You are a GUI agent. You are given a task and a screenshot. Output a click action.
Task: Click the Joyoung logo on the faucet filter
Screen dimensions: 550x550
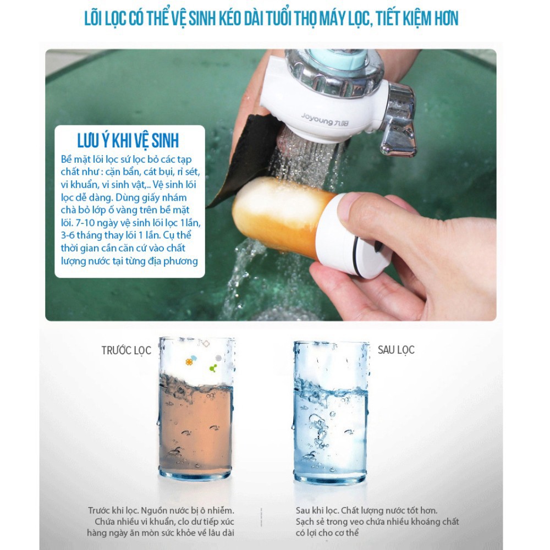click(x=324, y=119)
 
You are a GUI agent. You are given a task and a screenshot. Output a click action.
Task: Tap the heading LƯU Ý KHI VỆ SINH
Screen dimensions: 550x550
click(x=128, y=140)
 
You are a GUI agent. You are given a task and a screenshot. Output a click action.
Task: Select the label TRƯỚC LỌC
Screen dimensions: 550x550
click(x=127, y=350)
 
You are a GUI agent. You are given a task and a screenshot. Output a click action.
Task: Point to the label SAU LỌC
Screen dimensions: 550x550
click(x=396, y=350)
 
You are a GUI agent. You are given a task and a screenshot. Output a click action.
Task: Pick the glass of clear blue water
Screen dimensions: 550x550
click(x=331, y=412)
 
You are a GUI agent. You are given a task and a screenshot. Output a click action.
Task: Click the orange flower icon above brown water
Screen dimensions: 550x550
click(x=189, y=362)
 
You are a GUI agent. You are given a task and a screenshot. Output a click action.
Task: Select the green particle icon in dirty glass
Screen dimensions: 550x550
click(x=213, y=368)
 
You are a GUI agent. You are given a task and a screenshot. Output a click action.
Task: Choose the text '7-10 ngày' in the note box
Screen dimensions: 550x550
click(x=95, y=223)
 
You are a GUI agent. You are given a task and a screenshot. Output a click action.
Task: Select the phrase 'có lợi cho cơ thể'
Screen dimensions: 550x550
click(x=327, y=533)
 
